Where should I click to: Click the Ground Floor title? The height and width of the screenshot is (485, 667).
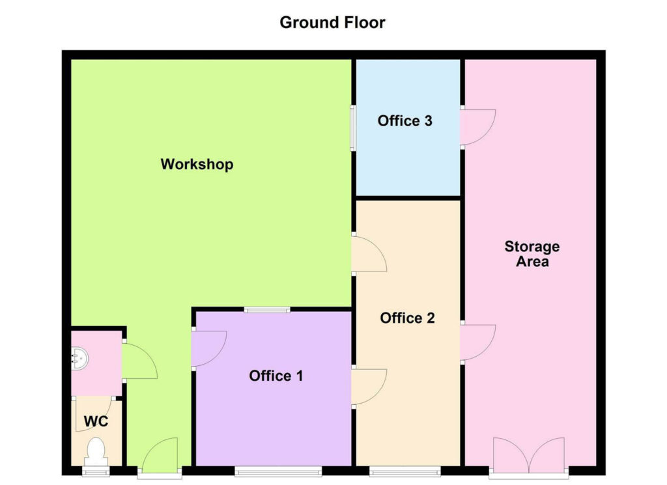click(x=332, y=23)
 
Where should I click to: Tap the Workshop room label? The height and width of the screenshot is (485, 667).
click(x=197, y=164)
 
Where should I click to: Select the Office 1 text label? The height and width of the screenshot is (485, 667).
click(x=276, y=376)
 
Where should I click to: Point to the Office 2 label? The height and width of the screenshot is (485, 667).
click(x=407, y=318)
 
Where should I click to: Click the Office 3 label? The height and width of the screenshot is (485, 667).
click(x=405, y=121)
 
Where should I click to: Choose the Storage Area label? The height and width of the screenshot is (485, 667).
click(x=532, y=254)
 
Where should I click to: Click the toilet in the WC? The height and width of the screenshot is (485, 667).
click(x=96, y=450)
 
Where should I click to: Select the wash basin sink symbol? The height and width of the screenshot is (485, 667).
click(x=80, y=357)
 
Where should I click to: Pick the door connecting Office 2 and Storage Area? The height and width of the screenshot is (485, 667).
click(x=476, y=342)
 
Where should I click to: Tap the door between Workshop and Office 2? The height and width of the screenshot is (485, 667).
click(x=367, y=255)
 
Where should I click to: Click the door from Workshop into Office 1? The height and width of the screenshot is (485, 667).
click(x=208, y=350)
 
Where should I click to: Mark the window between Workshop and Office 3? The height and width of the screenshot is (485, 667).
click(x=353, y=128)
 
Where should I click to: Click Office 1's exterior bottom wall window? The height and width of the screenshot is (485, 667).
click(x=278, y=471)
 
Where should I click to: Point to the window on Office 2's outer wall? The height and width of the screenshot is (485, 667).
click(x=405, y=471)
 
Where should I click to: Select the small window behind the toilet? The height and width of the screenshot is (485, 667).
click(x=96, y=471)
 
